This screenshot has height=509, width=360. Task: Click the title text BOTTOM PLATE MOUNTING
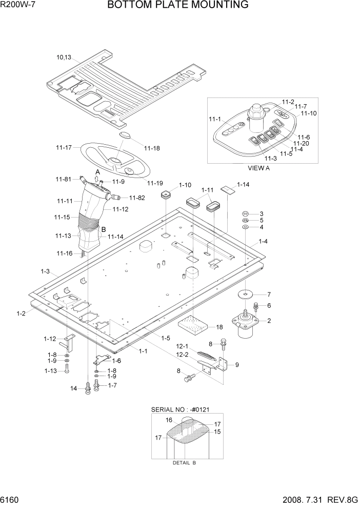point(178,6)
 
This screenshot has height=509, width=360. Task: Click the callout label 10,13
point(64,58)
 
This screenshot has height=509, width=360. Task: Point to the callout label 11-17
point(64,148)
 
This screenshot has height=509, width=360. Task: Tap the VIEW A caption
point(258,167)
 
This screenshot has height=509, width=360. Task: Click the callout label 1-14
point(243,185)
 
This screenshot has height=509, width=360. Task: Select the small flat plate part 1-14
point(227,189)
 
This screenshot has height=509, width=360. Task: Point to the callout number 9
point(237,365)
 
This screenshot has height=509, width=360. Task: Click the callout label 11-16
point(64,253)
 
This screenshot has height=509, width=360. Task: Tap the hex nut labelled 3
point(246,213)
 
